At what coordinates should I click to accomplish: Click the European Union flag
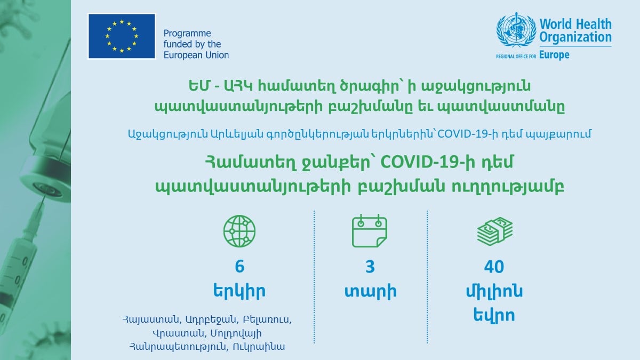pyautogui.click(x=122, y=36)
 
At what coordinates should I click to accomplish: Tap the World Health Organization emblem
pyautogui.click(x=516, y=30)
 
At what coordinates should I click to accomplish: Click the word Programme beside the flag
pyautogui.click(x=187, y=34)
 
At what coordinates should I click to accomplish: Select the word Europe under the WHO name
pyautogui.click(x=554, y=54)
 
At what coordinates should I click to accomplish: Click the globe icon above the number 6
pyautogui.click(x=239, y=231)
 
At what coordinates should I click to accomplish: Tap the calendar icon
pyautogui.click(x=370, y=231)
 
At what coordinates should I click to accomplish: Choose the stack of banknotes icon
pyautogui.click(x=495, y=231)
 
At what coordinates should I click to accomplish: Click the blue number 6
pyautogui.click(x=239, y=267)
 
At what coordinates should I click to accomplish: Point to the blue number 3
pyautogui.click(x=370, y=267)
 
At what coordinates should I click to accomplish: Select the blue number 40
pyautogui.click(x=494, y=267)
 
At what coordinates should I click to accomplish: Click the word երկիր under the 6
pyautogui.click(x=239, y=291)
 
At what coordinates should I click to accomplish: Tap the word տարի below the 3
pyautogui.click(x=370, y=291)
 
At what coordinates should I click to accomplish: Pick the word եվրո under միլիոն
pyautogui.click(x=494, y=315)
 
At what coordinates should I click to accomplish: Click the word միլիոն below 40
pyautogui.click(x=494, y=291)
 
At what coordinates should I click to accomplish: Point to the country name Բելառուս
pyautogui.click(x=267, y=319)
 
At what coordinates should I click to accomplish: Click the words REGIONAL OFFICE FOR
pyautogui.click(x=516, y=57)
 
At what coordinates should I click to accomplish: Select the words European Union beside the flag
pyautogui.click(x=196, y=55)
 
